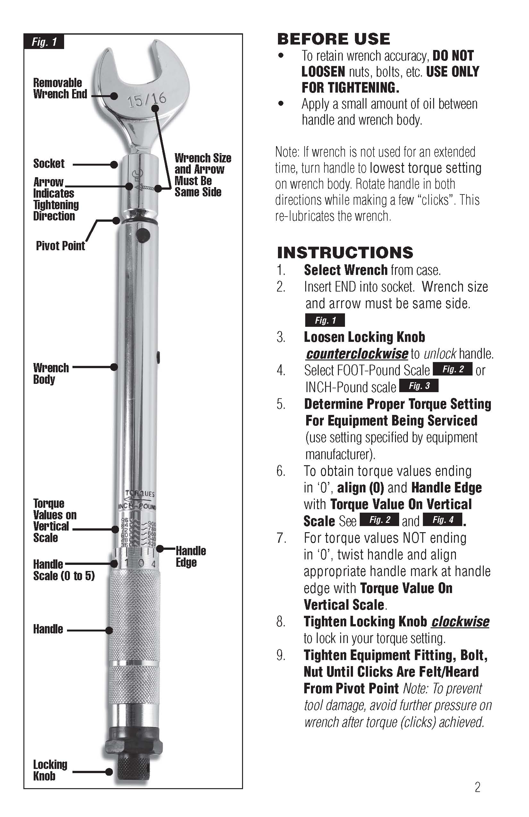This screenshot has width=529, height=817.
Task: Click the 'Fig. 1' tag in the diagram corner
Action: (44, 42)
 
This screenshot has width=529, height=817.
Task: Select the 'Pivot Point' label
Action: (60, 246)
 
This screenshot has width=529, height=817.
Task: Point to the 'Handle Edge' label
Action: (191, 557)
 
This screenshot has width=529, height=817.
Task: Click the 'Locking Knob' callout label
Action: (50, 770)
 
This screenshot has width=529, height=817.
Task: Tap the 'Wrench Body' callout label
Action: (51, 374)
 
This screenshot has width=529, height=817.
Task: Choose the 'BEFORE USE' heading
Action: (333, 39)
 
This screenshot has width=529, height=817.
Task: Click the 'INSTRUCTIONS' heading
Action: (345, 253)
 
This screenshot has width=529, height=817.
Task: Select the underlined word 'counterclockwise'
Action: (357, 354)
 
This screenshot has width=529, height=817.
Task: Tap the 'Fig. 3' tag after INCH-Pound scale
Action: (419, 386)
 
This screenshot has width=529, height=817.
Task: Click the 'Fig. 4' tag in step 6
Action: (443, 520)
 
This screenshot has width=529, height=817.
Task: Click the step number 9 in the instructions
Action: (281, 655)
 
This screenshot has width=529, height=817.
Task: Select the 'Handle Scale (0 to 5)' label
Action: (63, 570)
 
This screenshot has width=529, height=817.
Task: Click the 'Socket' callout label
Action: (49, 163)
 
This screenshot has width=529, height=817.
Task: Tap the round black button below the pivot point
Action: (143, 235)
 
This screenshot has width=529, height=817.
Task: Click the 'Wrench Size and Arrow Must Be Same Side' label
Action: (203, 175)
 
